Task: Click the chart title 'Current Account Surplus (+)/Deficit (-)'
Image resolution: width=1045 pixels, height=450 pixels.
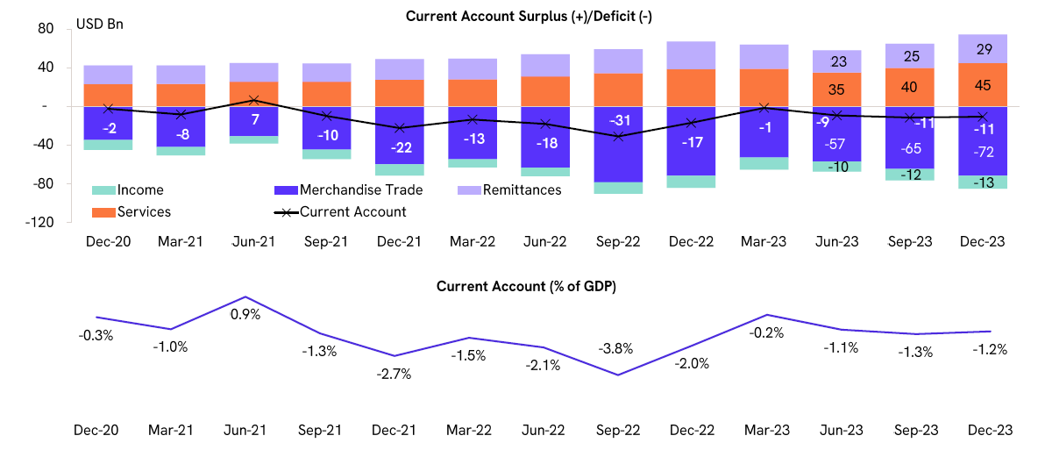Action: click(x=522, y=16)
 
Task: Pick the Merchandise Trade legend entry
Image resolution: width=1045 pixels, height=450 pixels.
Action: click(x=360, y=189)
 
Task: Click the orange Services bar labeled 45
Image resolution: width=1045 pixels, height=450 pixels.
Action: click(x=982, y=84)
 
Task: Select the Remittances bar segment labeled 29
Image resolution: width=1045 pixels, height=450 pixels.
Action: click(x=982, y=49)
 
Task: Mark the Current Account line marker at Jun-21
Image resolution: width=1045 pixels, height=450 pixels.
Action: click(x=253, y=100)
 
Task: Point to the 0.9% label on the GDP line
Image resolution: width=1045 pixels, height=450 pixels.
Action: click(x=246, y=314)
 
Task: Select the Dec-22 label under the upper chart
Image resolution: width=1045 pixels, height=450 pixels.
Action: click(x=692, y=242)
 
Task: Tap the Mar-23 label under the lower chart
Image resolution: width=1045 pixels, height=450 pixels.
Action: click(x=764, y=430)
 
